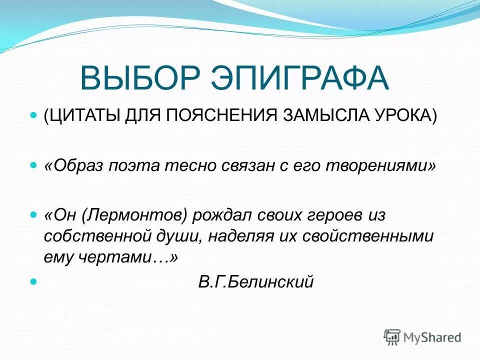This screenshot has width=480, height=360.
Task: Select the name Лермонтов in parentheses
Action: pos(136,215)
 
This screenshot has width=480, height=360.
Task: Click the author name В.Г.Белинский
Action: pos(255,282)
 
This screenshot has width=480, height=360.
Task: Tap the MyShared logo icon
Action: pos(393,337)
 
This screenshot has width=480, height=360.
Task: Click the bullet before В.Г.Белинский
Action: pos(34,281)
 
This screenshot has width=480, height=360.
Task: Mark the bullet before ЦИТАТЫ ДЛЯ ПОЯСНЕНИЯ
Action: pos(34,115)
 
